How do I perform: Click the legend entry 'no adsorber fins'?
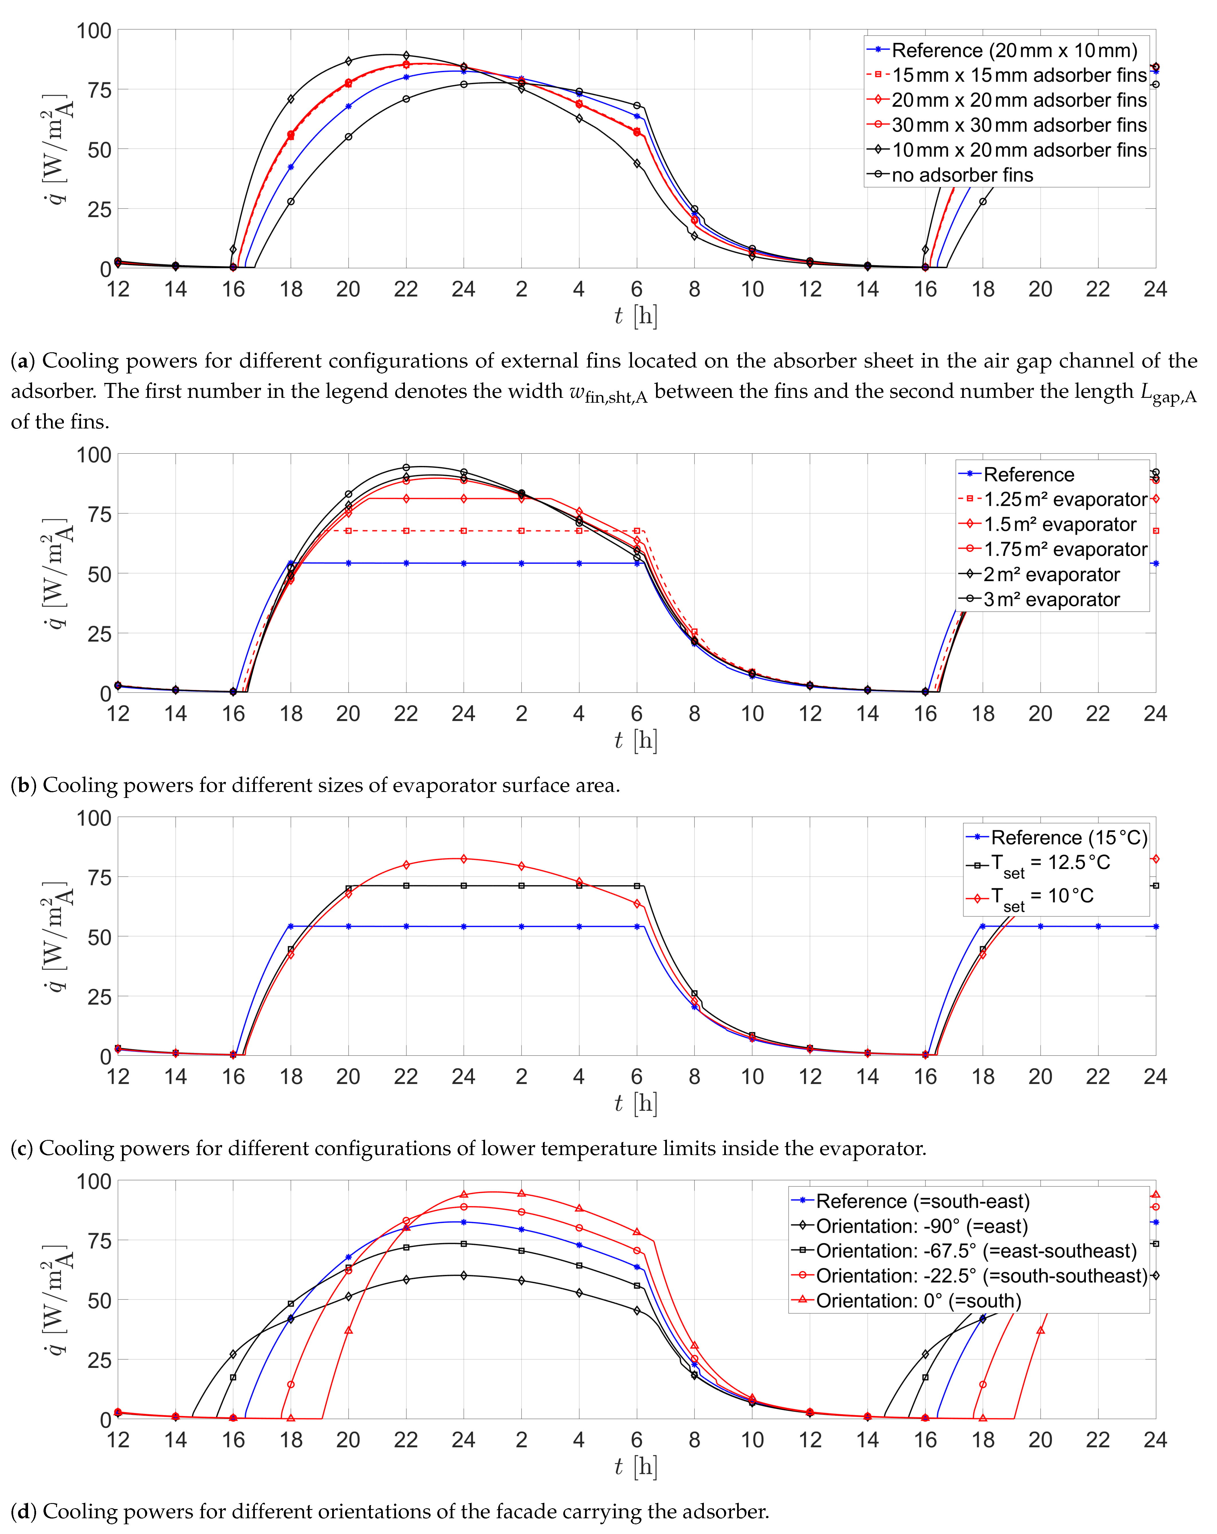coord(962,175)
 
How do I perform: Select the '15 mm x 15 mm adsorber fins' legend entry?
coord(1019,75)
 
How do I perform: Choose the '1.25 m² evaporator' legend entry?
coord(1065,499)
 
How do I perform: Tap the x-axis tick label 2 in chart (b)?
coord(521,714)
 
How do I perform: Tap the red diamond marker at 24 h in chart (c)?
coord(464,859)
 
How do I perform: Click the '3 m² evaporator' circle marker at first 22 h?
coord(406,467)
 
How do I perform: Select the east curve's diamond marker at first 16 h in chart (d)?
coord(233,1354)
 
